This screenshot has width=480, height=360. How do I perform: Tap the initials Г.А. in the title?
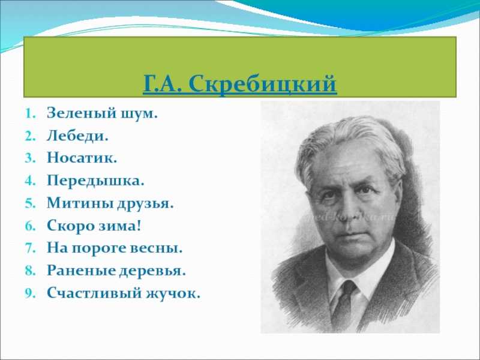coord(163,85)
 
